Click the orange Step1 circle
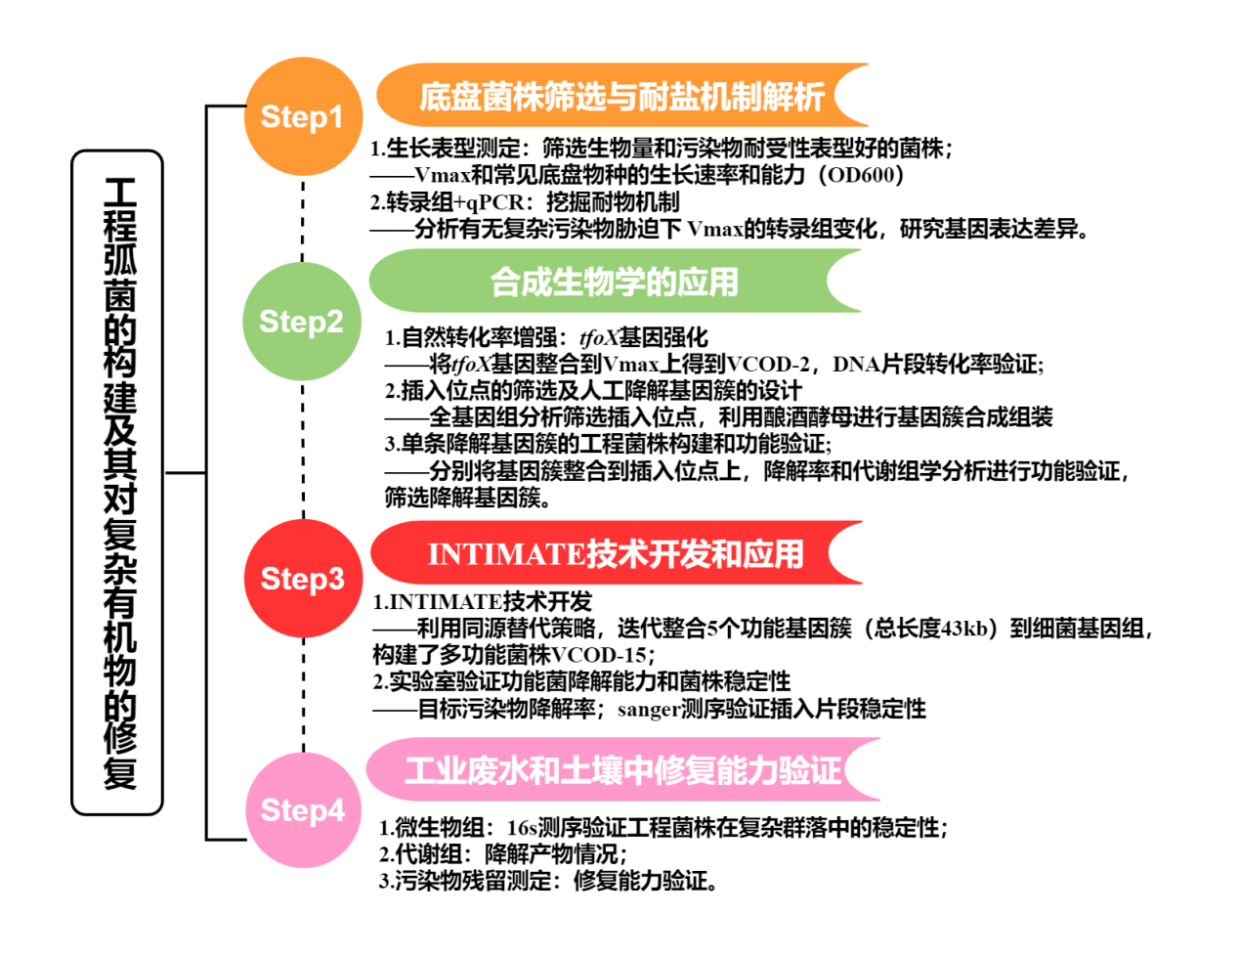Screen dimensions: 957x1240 (302, 117)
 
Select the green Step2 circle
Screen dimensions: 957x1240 (302, 321)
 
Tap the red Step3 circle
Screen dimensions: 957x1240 (302, 579)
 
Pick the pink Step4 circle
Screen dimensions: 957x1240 (302, 809)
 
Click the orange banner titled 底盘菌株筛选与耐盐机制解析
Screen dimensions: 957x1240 (621, 96)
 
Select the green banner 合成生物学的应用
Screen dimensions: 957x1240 (614, 282)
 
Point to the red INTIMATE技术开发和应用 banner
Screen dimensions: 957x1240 (616, 554)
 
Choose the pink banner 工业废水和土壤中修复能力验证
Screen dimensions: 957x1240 (621, 770)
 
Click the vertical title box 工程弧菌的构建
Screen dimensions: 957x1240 (118, 482)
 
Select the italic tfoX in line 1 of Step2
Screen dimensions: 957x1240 (599, 338)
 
